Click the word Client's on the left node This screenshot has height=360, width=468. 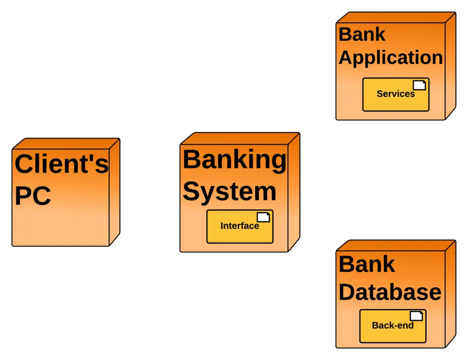tap(62, 164)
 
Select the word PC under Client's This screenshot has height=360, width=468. tap(32, 196)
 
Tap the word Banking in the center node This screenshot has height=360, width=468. tap(234, 160)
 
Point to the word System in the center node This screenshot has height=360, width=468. tap(229, 191)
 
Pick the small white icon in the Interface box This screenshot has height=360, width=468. tap(263, 217)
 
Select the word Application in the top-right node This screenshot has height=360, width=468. tap(391, 58)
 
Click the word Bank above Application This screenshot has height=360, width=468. tap(362, 34)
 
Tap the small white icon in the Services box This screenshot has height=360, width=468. tap(419, 85)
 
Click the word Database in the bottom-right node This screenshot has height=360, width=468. tap(390, 292)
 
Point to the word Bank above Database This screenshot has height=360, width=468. tap(367, 264)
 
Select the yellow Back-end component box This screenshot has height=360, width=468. tap(393, 332)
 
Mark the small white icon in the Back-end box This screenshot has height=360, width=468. tap(416, 316)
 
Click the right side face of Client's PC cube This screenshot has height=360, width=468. tap(114, 192)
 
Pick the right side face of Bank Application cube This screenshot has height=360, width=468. tap(450, 66)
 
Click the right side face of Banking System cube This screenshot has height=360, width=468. tap(293, 192)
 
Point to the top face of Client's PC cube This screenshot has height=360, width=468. tap(66, 143)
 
